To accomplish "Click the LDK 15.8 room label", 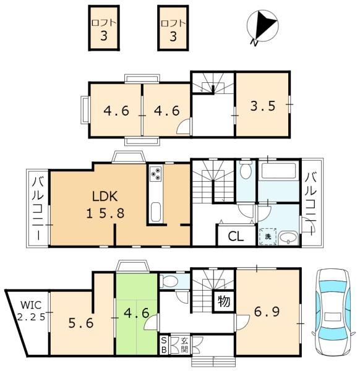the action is (105, 205).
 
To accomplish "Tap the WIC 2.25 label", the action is (32, 310).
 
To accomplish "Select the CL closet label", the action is (236, 236).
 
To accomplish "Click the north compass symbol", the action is (262, 26).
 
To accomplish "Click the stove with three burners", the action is (156, 174).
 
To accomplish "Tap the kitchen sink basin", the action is (156, 211).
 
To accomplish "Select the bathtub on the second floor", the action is (278, 171).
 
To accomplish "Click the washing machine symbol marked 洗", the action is (268, 236).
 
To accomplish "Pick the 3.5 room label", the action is (263, 106).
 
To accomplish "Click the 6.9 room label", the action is (267, 312).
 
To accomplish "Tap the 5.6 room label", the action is (81, 323).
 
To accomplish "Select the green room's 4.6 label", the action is (137, 313).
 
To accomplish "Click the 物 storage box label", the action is (224, 302).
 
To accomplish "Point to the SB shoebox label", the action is (163, 345).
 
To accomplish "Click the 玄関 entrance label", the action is (184, 345).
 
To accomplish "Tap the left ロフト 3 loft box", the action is (104, 28).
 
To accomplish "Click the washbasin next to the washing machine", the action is (288, 237).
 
